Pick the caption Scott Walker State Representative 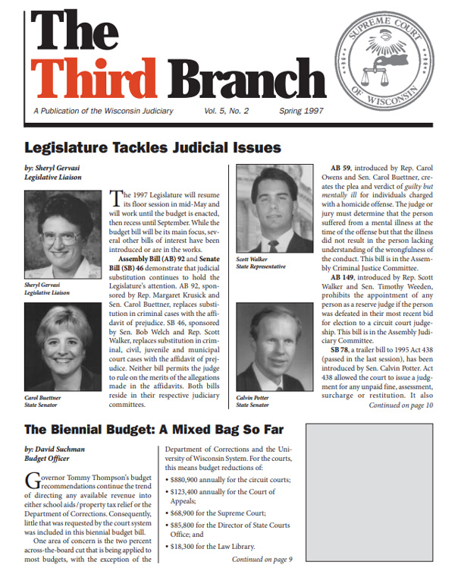click(x=262, y=263)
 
